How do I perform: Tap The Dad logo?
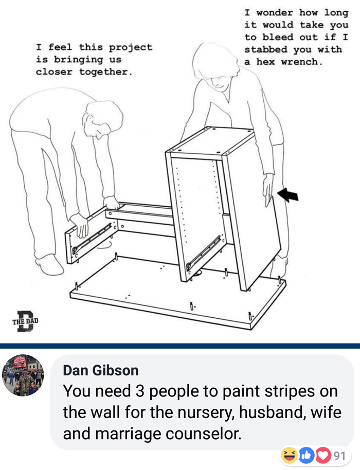click(26, 321)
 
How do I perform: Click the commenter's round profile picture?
click(23, 375)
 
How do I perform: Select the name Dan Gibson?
click(101, 370)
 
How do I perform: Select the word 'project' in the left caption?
click(131, 48)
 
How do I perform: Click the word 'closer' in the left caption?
click(54, 72)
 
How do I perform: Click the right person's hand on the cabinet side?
click(268, 189)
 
